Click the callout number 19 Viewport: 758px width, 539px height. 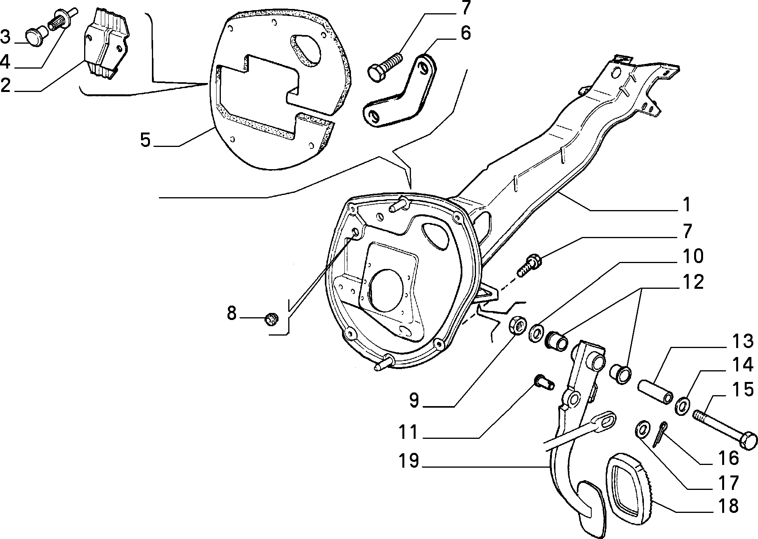click(408, 461)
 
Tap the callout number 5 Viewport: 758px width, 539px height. click(145, 140)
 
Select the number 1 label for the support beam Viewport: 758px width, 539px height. click(687, 205)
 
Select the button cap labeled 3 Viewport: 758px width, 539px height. click(35, 37)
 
